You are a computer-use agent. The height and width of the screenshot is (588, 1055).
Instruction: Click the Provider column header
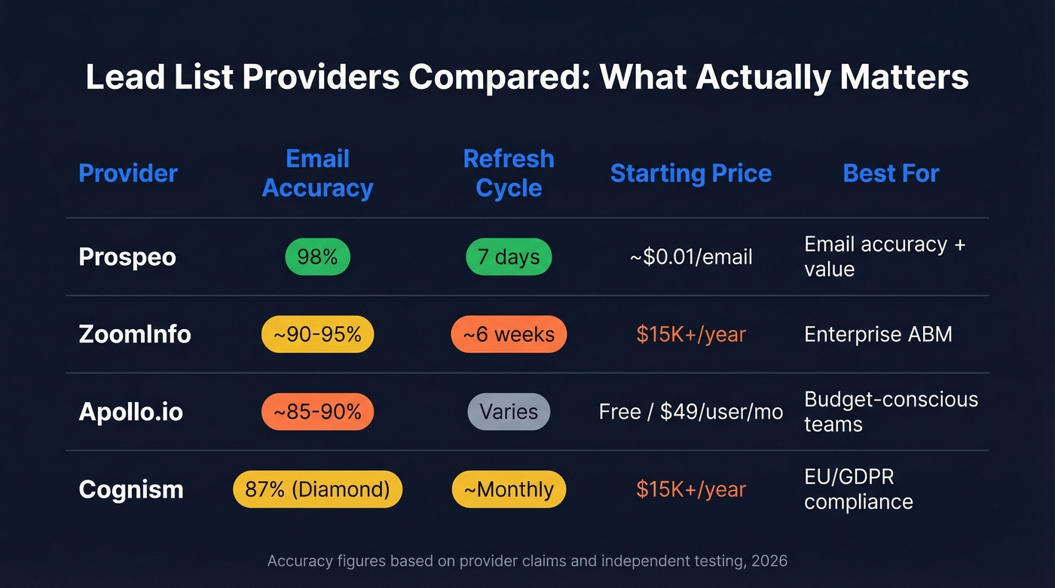tap(128, 173)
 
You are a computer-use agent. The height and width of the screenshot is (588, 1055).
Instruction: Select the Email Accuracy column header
tap(317, 173)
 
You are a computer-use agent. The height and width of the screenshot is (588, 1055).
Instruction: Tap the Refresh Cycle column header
tap(509, 173)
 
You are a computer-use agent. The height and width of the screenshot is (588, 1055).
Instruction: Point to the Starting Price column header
tap(690, 173)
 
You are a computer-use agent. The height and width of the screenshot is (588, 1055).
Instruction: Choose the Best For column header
tap(891, 173)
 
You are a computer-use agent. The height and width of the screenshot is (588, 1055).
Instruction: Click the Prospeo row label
tap(127, 257)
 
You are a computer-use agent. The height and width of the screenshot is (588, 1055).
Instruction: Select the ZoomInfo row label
tap(135, 334)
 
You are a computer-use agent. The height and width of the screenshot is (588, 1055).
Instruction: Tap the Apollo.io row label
tap(131, 412)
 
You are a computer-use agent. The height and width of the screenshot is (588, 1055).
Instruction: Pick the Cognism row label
tap(131, 489)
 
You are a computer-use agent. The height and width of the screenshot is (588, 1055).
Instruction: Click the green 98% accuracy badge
tap(317, 257)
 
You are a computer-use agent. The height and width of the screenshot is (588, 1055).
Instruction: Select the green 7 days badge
tap(509, 257)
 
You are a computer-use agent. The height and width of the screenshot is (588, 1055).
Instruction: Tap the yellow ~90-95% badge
tap(317, 334)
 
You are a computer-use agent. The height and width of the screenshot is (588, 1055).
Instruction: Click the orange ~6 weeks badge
tap(509, 334)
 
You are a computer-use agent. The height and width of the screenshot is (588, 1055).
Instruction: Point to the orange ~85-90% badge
tap(317, 412)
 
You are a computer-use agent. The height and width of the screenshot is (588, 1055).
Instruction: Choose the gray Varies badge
tap(509, 412)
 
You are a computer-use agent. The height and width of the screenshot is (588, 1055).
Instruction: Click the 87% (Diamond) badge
tap(317, 489)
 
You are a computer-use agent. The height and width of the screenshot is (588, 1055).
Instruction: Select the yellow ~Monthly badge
tap(509, 489)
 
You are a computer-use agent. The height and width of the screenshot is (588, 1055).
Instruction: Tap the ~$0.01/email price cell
tap(690, 257)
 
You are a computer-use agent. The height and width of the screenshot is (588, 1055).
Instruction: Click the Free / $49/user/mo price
tap(690, 412)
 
